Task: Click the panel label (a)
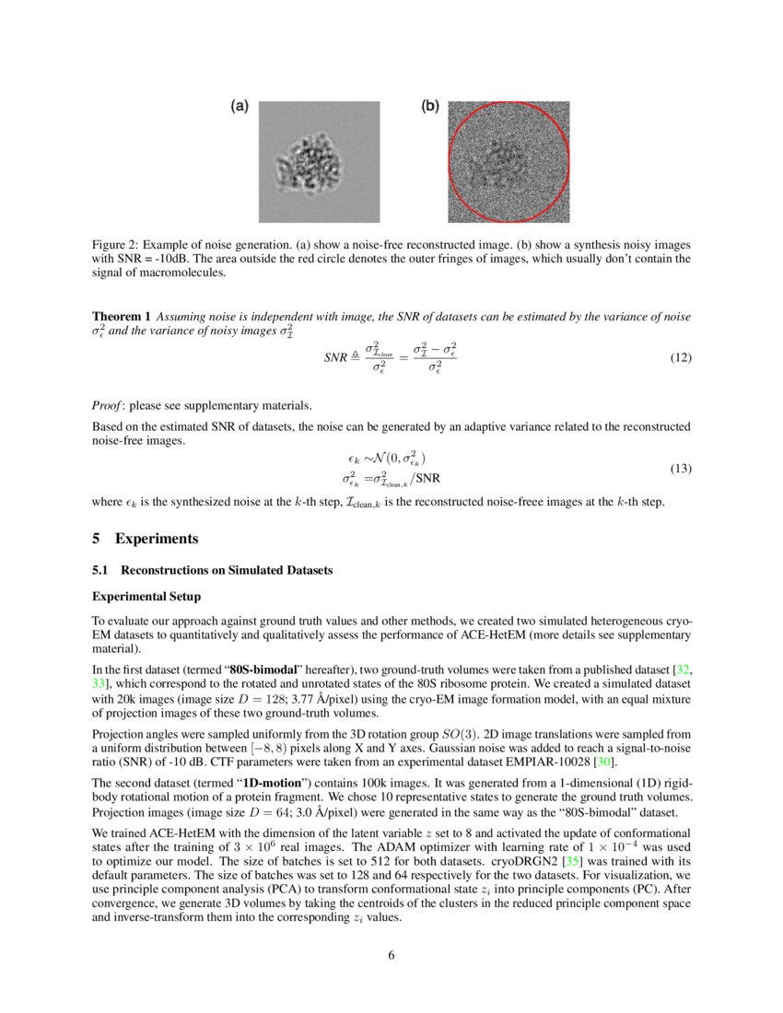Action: [x=239, y=107]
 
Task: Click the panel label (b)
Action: [x=429, y=107]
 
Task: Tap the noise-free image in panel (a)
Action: [x=320, y=161]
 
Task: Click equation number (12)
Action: [x=679, y=358]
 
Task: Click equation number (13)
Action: [x=679, y=469]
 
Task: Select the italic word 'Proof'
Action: [x=107, y=405]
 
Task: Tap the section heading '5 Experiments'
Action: [x=145, y=539]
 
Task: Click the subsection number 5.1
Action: [x=100, y=571]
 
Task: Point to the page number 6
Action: [x=391, y=955]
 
